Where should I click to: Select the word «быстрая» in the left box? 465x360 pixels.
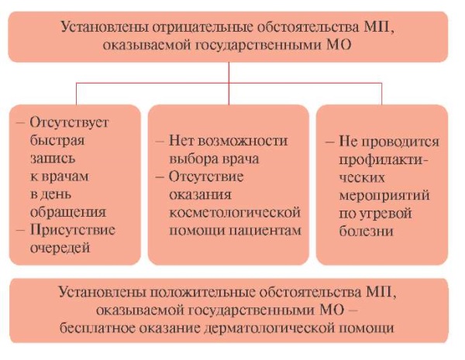click(57, 140)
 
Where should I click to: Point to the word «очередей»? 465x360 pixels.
click(60, 248)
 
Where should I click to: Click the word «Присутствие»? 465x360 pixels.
click(73, 230)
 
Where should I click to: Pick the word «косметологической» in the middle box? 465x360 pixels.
click(235, 213)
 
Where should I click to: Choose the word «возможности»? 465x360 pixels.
click(243, 140)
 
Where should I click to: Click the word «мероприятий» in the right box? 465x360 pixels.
click(384, 196)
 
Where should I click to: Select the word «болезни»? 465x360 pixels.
click(367, 231)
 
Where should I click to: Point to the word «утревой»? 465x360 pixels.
click(386, 214)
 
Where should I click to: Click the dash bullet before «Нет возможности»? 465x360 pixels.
click(160, 141)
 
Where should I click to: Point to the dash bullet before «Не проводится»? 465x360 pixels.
click(330, 142)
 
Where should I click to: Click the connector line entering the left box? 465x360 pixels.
click(76, 94)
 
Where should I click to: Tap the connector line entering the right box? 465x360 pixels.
click(381, 94)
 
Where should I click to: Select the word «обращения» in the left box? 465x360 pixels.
click(68, 212)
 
